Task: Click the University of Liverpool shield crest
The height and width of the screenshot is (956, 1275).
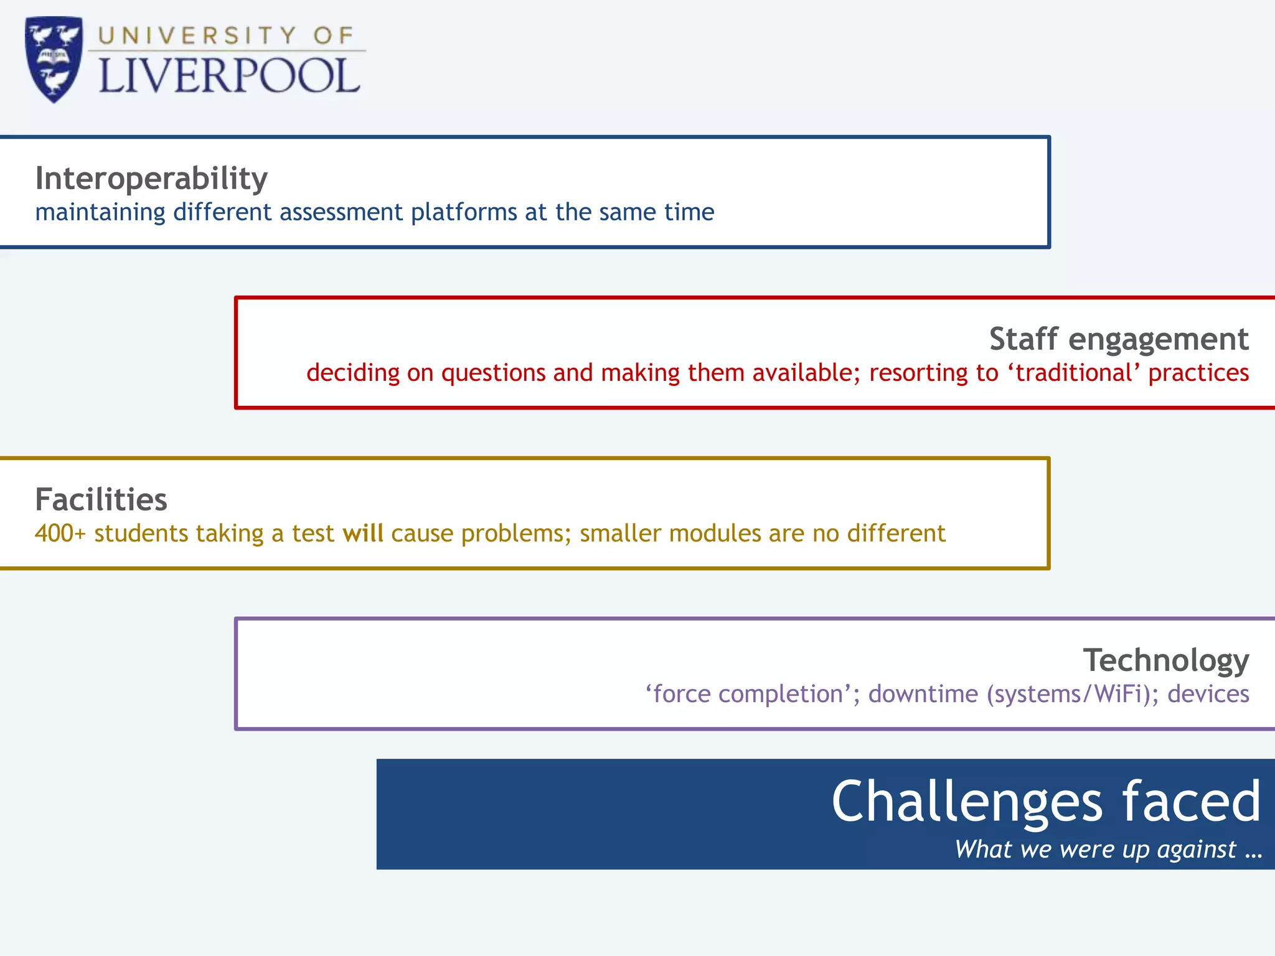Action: pyautogui.click(x=54, y=59)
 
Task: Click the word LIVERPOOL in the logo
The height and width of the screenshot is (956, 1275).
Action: pyautogui.click(x=229, y=77)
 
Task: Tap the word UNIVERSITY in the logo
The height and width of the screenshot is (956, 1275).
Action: pyautogui.click(x=197, y=35)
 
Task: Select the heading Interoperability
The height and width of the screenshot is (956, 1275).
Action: pyautogui.click(x=151, y=179)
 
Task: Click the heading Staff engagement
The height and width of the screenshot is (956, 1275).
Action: pyautogui.click(x=1119, y=339)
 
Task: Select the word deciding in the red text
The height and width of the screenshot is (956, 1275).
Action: pyautogui.click(x=352, y=373)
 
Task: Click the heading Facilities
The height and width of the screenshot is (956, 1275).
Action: pyautogui.click(x=101, y=500)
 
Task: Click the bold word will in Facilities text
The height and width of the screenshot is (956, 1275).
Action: pyautogui.click(x=362, y=533)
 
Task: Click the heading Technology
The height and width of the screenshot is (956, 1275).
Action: pyautogui.click(x=1165, y=660)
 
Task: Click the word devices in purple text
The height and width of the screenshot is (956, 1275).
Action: pyautogui.click(x=1208, y=694)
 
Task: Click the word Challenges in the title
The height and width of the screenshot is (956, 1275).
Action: pyautogui.click(x=967, y=803)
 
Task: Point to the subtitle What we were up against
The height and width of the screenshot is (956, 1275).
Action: pyautogui.click(x=1108, y=850)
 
